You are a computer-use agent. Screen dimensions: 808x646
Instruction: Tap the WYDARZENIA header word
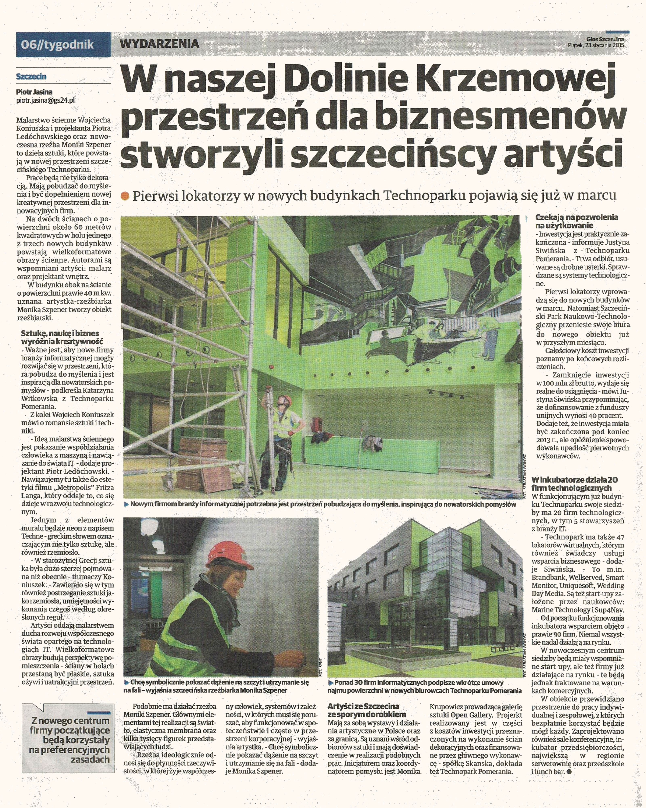point(159,44)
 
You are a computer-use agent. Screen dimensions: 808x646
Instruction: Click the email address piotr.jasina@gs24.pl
point(45,100)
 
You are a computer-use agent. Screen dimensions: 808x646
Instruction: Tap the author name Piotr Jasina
point(34,92)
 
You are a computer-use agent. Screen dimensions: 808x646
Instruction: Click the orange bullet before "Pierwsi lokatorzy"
point(125,196)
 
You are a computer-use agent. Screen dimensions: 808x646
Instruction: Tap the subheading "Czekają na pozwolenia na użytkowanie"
point(576,221)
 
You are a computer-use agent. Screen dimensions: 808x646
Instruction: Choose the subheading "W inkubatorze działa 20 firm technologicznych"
point(574,484)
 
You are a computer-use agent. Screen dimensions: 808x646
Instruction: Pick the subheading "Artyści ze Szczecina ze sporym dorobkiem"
point(366,710)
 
